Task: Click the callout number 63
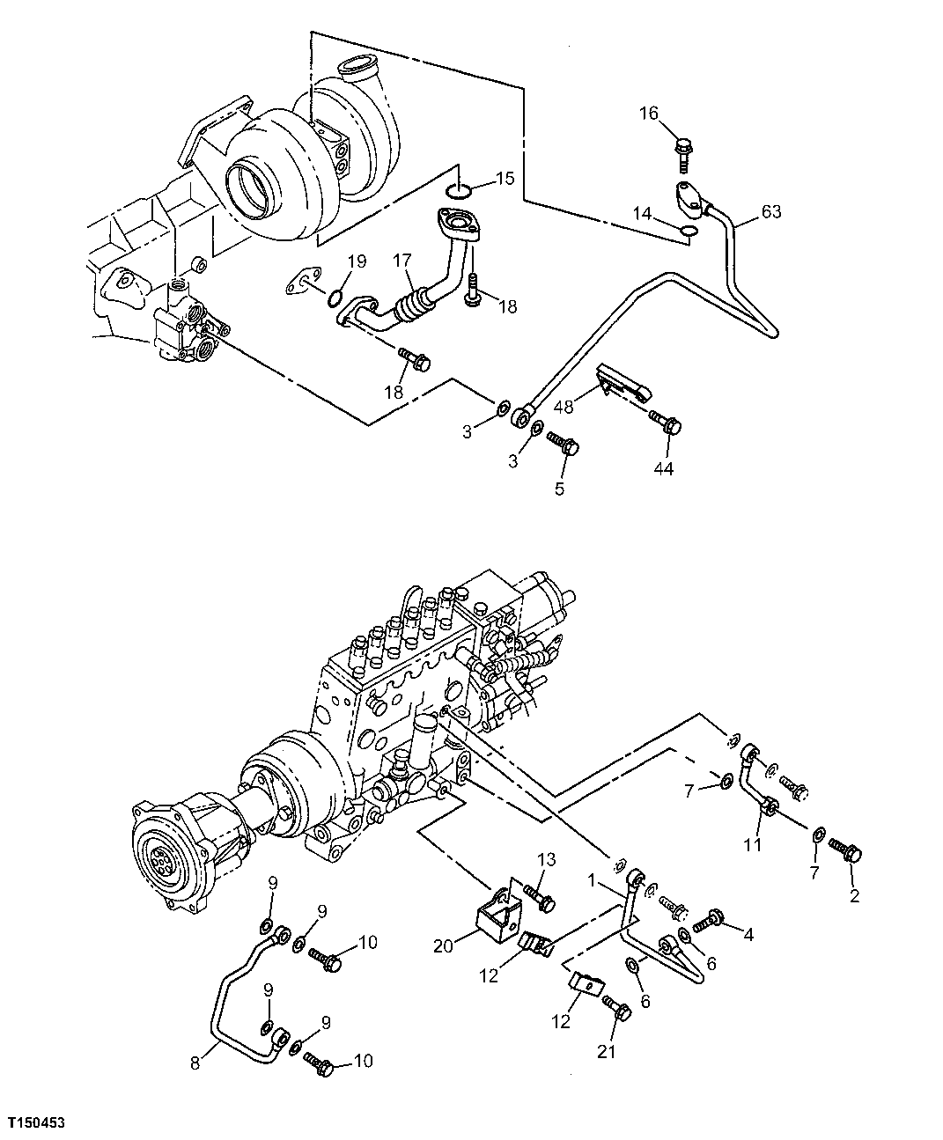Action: click(x=770, y=211)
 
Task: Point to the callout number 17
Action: click(x=402, y=261)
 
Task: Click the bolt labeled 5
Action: click(x=563, y=443)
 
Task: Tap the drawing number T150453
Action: click(x=36, y=1124)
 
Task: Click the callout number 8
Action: click(x=195, y=1063)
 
